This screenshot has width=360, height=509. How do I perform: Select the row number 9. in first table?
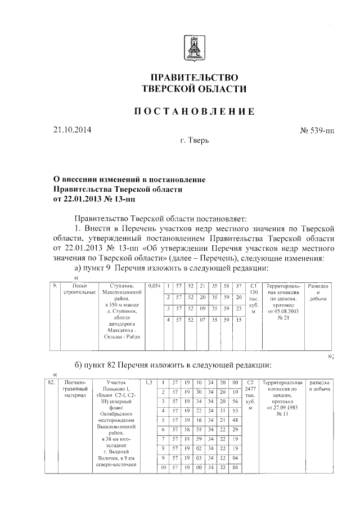click(56, 286)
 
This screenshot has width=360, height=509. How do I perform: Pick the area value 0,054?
click(154, 286)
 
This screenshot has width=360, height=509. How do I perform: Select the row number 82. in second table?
click(51, 382)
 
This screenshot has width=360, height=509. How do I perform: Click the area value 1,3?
click(149, 382)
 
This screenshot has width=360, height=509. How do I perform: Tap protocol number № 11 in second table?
click(282, 414)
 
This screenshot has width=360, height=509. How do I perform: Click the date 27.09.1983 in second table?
click(286, 408)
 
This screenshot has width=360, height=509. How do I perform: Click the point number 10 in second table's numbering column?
click(163, 467)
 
